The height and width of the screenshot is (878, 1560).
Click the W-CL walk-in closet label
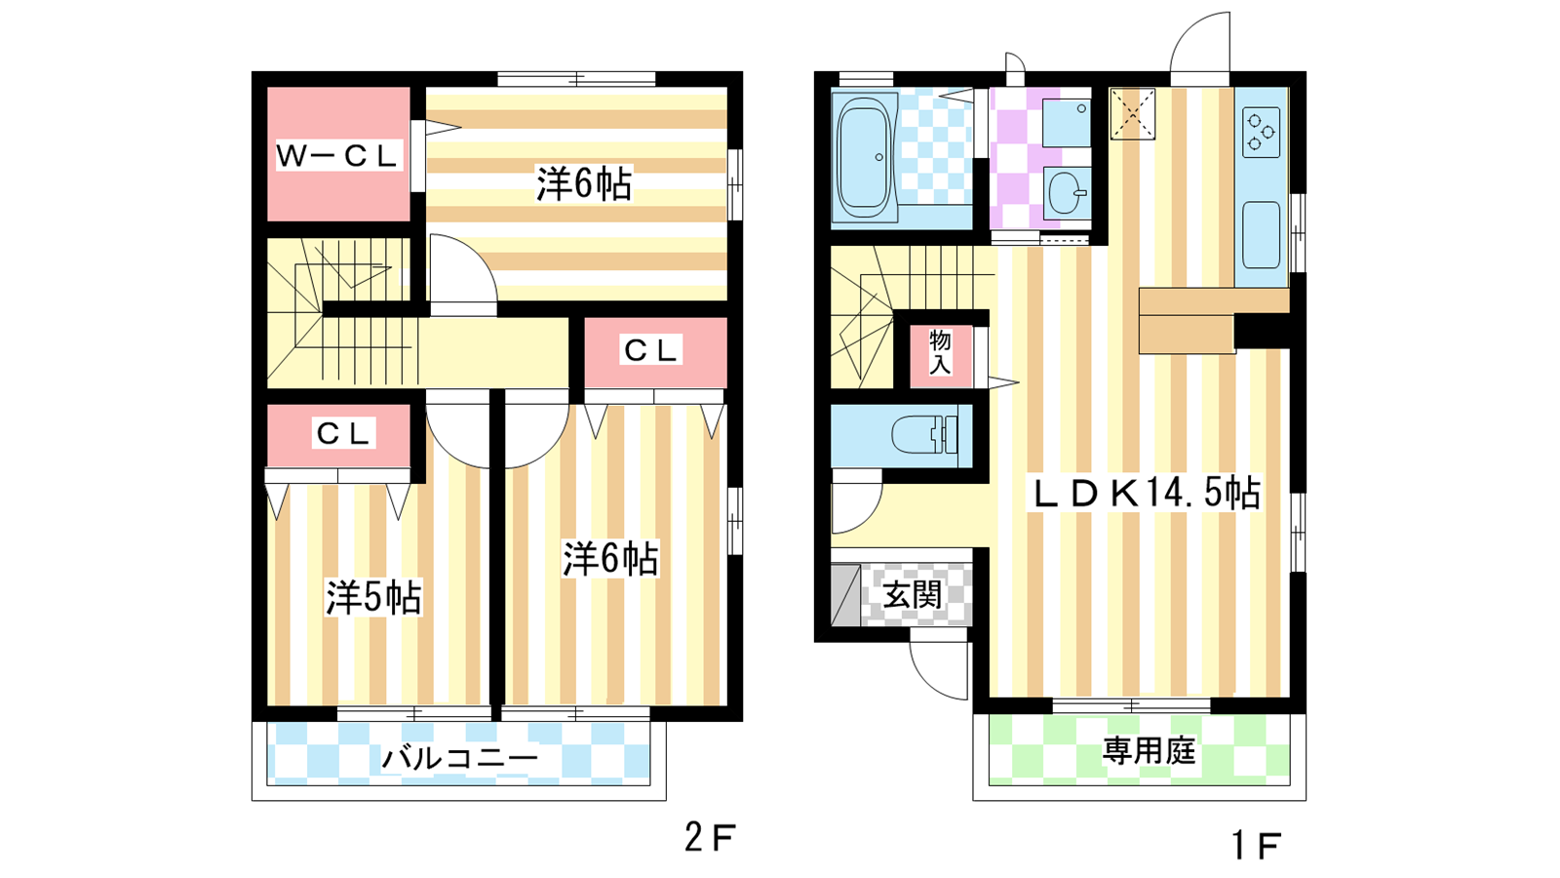(337, 155)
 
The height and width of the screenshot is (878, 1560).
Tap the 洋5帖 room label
(374, 597)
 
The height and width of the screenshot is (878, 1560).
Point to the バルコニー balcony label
(459, 757)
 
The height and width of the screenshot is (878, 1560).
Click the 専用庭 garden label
(1149, 751)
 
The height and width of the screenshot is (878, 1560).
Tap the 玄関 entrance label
(913, 595)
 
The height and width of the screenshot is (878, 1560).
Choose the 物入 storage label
(940, 352)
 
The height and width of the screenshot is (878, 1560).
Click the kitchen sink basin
(1262, 235)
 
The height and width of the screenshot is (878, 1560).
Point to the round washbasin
(1067, 193)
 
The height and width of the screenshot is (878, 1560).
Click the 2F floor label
(710, 837)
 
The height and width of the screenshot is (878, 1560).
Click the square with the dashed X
(1132, 113)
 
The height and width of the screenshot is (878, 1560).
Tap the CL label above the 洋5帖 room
(342, 433)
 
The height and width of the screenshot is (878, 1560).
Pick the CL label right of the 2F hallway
(650, 350)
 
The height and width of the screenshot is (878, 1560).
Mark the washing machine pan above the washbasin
(1067, 122)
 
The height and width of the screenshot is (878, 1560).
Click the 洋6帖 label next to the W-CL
(584, 184)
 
